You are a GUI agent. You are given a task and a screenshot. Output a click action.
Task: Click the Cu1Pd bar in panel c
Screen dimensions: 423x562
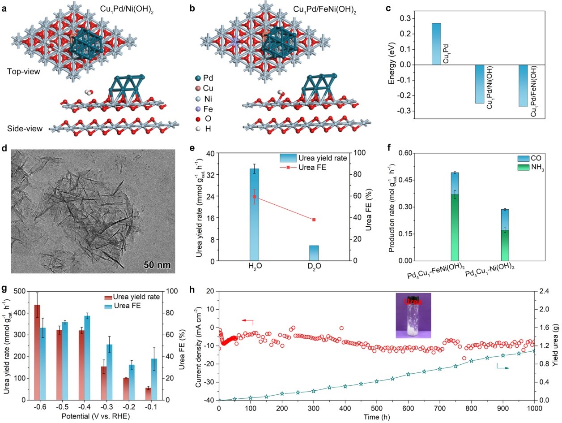436,44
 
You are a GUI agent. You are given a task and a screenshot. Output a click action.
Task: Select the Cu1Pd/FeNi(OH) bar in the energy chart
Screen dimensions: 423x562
523,85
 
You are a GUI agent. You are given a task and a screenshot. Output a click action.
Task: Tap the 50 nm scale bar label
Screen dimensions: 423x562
157,264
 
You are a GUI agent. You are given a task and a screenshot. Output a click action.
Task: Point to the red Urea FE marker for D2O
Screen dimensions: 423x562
314,220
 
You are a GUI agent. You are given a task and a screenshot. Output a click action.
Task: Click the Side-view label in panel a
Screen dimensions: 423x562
25,129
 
